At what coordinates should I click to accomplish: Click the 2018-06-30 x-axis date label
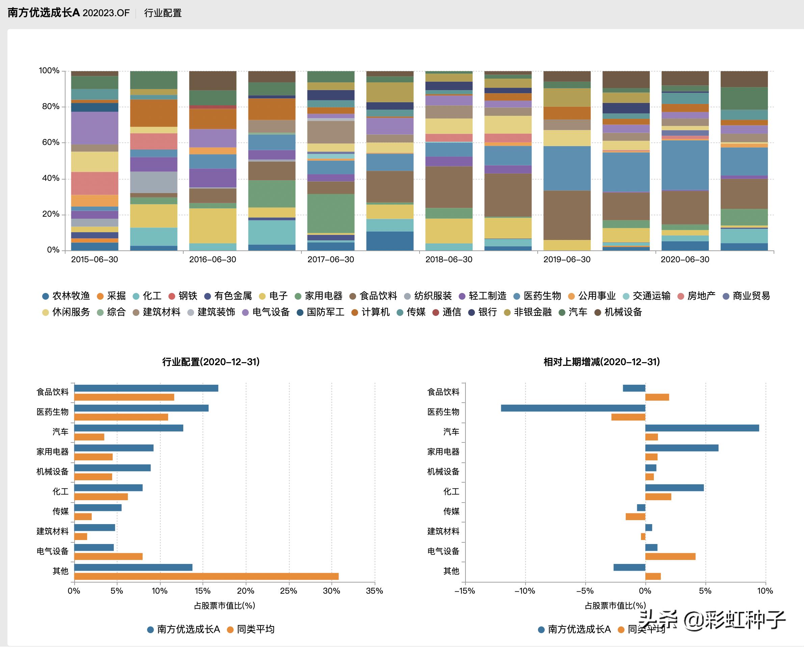449,260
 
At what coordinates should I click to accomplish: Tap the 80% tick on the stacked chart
50,107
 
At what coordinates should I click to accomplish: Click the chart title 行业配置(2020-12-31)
211,362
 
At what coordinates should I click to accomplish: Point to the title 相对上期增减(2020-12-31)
602,362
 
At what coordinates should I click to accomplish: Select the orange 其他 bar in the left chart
207,576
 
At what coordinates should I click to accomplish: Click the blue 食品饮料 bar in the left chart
146,388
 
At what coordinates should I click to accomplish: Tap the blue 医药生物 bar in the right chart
573,408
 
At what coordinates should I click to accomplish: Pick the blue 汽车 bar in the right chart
702,428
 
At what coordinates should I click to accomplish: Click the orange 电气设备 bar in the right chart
670,557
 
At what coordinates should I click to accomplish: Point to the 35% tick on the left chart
374,591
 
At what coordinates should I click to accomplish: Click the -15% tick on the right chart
465,591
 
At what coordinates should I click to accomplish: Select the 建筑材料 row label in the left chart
53,531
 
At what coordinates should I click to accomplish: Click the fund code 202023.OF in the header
106,13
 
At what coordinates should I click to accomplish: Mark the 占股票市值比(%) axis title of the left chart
224,605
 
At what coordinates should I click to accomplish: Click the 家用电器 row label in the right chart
443,452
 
